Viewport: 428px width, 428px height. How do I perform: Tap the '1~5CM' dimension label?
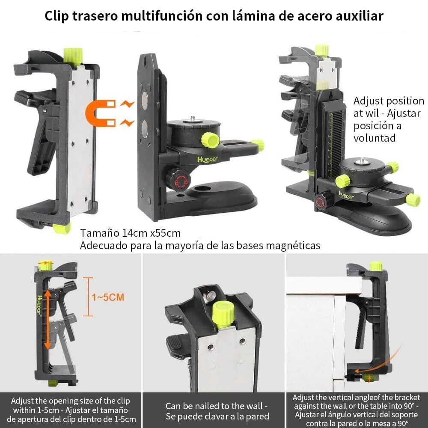[108, 297]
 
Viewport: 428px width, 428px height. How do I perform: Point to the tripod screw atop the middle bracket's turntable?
[193, 119]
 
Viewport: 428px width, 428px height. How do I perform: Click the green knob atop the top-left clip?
[73, 56]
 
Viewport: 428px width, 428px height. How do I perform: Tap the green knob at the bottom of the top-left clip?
[62, 228]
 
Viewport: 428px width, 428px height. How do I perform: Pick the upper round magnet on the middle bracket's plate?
[145, 100]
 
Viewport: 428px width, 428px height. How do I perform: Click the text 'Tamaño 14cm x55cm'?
[131, 233]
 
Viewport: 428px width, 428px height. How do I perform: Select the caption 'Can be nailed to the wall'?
[217, 405]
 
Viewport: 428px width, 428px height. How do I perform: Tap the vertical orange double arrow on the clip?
[48, 319]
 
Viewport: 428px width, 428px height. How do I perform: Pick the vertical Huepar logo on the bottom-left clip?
[39, 304]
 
